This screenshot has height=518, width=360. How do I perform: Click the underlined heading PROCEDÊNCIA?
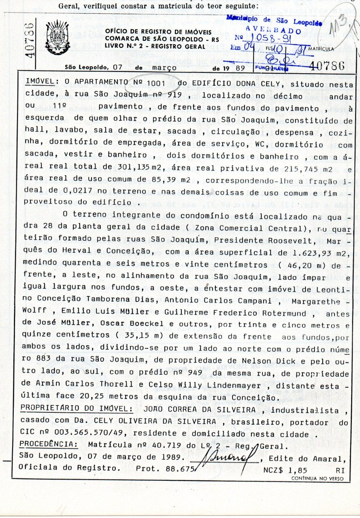49,444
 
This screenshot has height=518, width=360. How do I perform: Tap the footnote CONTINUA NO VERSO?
317,478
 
